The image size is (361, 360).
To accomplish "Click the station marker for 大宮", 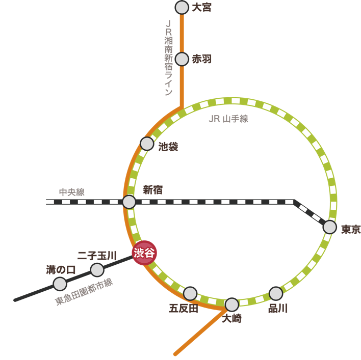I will [182, 8].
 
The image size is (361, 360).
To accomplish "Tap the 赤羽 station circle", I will [182, 59].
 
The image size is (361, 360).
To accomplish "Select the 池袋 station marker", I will [147, 144].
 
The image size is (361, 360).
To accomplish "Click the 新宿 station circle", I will [129, 202].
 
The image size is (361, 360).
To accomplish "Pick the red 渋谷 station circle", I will [144, 253].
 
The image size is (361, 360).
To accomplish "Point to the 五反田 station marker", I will [190, 293].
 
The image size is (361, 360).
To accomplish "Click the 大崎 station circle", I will [232, 304].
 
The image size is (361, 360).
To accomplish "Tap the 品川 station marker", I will [276, 293].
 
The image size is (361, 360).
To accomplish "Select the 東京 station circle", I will [330, 227].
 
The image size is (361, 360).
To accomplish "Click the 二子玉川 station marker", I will [97, 269].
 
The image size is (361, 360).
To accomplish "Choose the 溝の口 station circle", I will [60, 284].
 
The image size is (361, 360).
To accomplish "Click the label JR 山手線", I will [228, 119].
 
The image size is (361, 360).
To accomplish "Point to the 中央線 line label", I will [72, 192].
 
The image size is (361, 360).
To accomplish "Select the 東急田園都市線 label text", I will [85, 292].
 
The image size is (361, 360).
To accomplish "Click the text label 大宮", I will [202, 8].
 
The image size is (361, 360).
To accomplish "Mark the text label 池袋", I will [168, 147].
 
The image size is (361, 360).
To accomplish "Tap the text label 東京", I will [351, 229].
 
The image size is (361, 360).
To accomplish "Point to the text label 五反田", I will [184, 308].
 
